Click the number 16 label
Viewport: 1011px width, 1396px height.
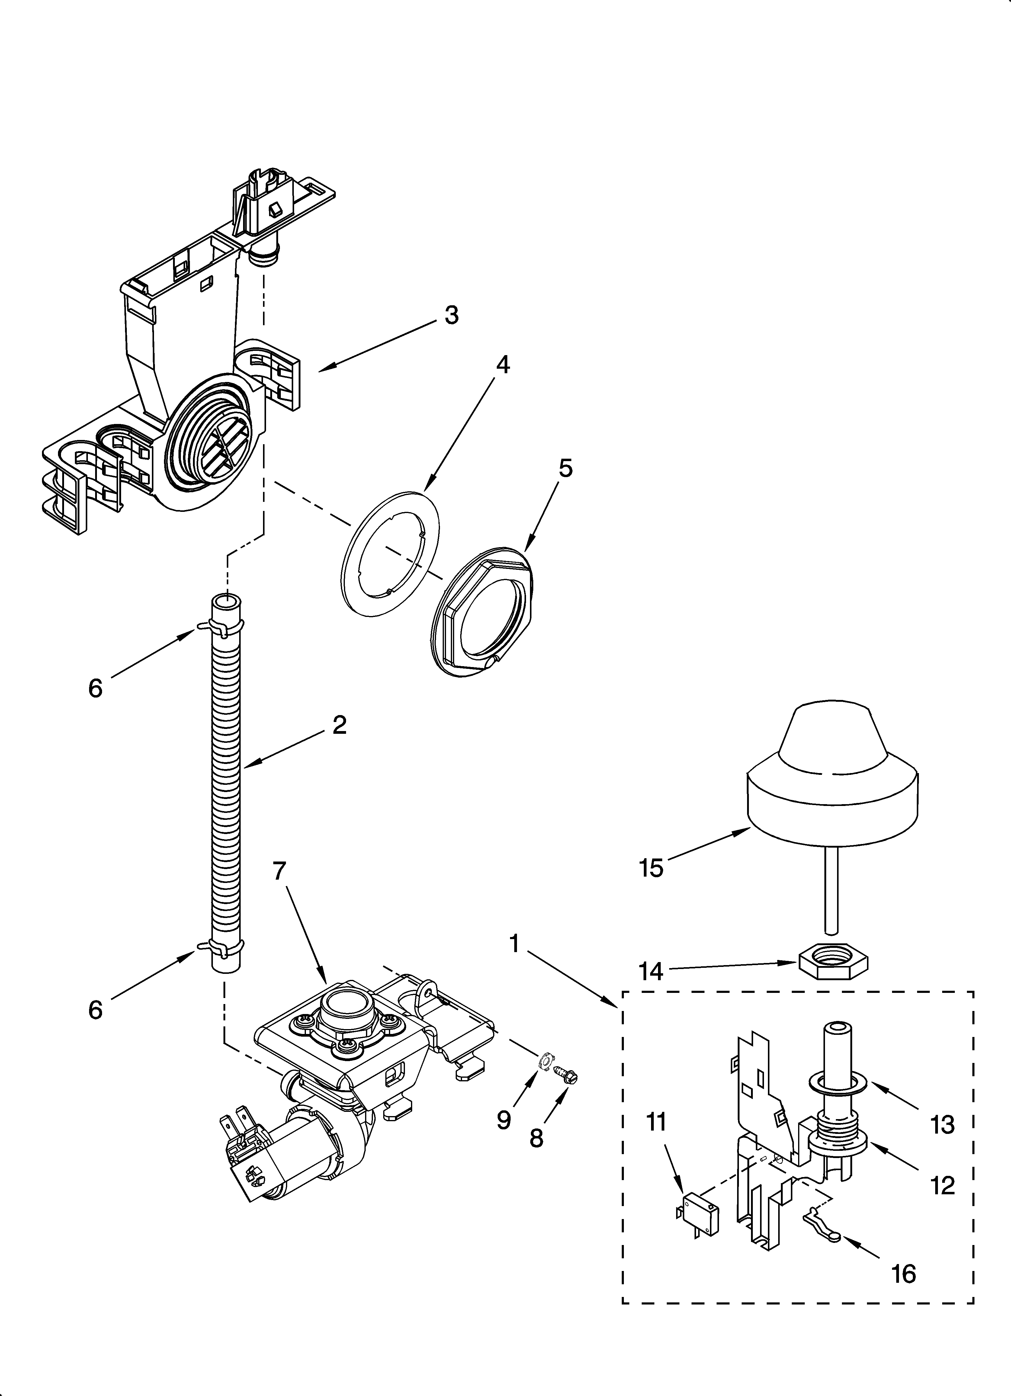coord(903,1274)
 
